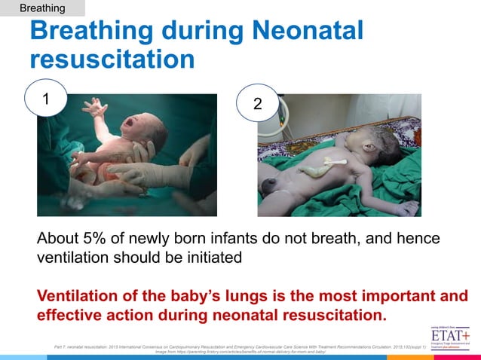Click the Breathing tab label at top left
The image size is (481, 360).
tap(42, 8)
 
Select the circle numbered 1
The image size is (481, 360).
tap(46, 99)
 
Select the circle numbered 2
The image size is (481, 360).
tap(257, 106)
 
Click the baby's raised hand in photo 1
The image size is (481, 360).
tap(97, 107)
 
